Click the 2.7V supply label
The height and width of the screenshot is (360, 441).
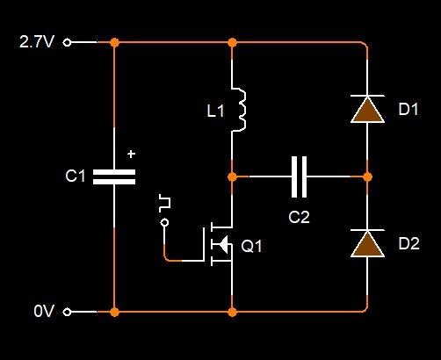click(37, 42)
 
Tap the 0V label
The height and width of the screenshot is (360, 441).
click(44, 311)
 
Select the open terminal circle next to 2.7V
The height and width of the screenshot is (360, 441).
click(67, 43)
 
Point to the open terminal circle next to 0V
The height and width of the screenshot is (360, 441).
click(67, 313)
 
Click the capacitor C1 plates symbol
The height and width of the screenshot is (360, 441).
click(114, 176)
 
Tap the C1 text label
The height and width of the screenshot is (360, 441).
click(76, 176)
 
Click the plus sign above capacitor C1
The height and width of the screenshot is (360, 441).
click(132, 154)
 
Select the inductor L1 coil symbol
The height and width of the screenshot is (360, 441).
click(240, 109)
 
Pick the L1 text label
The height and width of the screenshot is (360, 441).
click(215, 112)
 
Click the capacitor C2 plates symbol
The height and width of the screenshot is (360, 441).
click(300, 176)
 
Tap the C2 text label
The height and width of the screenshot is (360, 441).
click(299, 217)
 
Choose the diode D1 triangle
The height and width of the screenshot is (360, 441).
click(367, 109)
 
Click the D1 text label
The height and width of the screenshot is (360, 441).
click(408, 109)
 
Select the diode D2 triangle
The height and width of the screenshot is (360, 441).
click(367, 243)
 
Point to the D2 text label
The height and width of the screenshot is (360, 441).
click(409, 243)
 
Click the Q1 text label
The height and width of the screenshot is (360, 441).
click(251, 246)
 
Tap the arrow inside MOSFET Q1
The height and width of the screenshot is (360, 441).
click(223, 244)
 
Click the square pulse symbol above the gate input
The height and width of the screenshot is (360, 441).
click(164, 203)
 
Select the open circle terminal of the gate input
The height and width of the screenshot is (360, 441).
click(164, 223)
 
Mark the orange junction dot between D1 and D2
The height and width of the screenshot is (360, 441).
click(367, 176)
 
